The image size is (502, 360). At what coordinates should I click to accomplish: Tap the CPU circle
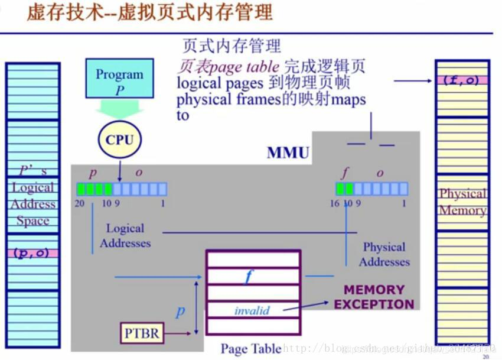(x=119, y=140)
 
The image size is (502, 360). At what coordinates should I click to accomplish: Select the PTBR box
(x=142, y=333)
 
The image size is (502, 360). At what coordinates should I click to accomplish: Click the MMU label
(x=288, y=153)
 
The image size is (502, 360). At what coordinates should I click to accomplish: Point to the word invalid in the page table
(x=252, y=310)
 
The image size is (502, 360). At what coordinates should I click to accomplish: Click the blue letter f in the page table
(x=249, y=276)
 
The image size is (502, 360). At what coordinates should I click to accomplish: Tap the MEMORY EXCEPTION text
(x=374, y=297)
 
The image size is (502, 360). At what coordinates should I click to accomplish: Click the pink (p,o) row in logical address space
(x=32, y=253)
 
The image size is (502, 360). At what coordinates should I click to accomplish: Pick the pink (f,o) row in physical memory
(x=462, y=81)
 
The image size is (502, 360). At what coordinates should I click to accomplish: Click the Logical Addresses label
(x=125, y=235)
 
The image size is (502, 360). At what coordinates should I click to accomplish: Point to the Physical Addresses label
(x=384, y=254)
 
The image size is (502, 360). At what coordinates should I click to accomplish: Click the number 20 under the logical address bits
(x=80, y=204)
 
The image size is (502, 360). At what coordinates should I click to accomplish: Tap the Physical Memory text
(x=462, y=202)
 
